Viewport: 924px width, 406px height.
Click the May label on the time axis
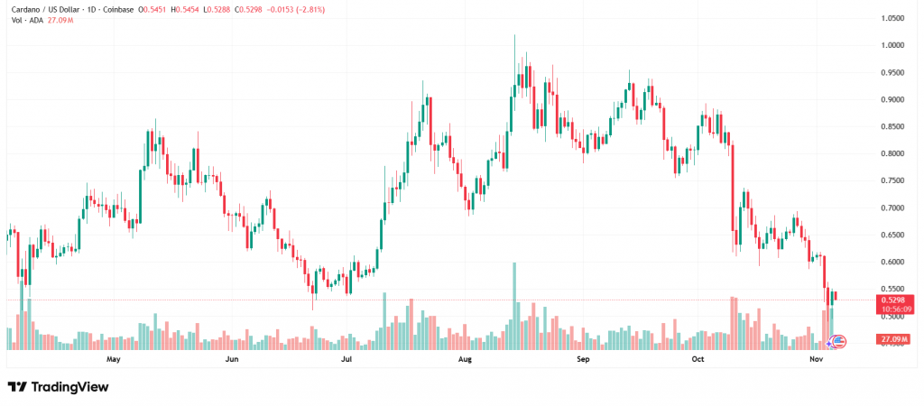[x=113, y=359]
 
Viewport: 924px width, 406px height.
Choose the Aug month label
[x=465, y=359]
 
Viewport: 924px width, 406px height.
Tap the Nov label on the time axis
[x=817, y=359]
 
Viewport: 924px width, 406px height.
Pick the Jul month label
[x=346, y=359]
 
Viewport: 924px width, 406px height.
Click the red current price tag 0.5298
[x=892, y=300]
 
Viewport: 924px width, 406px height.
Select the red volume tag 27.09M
[x=892, y=339]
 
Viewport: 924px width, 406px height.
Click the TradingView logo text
[x=69, y=387]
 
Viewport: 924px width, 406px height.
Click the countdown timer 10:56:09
[x=892, y=309]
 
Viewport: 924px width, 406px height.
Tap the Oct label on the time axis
[x=698, y=359]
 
